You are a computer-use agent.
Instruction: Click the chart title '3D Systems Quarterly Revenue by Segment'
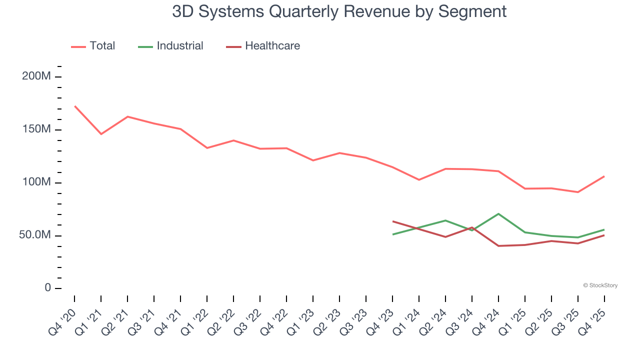pos(339,11)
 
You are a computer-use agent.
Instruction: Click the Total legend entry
pos(93,46)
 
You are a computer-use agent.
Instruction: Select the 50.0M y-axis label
pos(35,235)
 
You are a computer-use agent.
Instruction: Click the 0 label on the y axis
pos(47,287)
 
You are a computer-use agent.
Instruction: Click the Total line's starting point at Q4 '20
pos(74,106)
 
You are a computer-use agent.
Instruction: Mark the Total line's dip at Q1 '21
pos(101,134)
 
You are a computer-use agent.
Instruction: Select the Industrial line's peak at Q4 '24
pos(498,214)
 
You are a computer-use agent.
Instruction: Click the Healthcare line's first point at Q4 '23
pos(393,221)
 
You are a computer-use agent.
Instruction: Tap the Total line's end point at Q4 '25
pos(604,176)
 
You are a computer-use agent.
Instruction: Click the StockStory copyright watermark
pos(600,285)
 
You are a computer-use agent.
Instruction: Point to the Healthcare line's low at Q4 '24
pos(498,246)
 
